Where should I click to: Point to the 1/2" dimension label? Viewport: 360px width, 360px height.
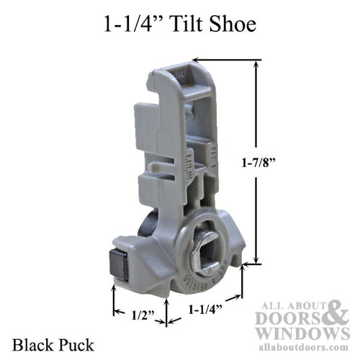(140, 315)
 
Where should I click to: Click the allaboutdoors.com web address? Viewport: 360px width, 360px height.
(306, 347)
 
